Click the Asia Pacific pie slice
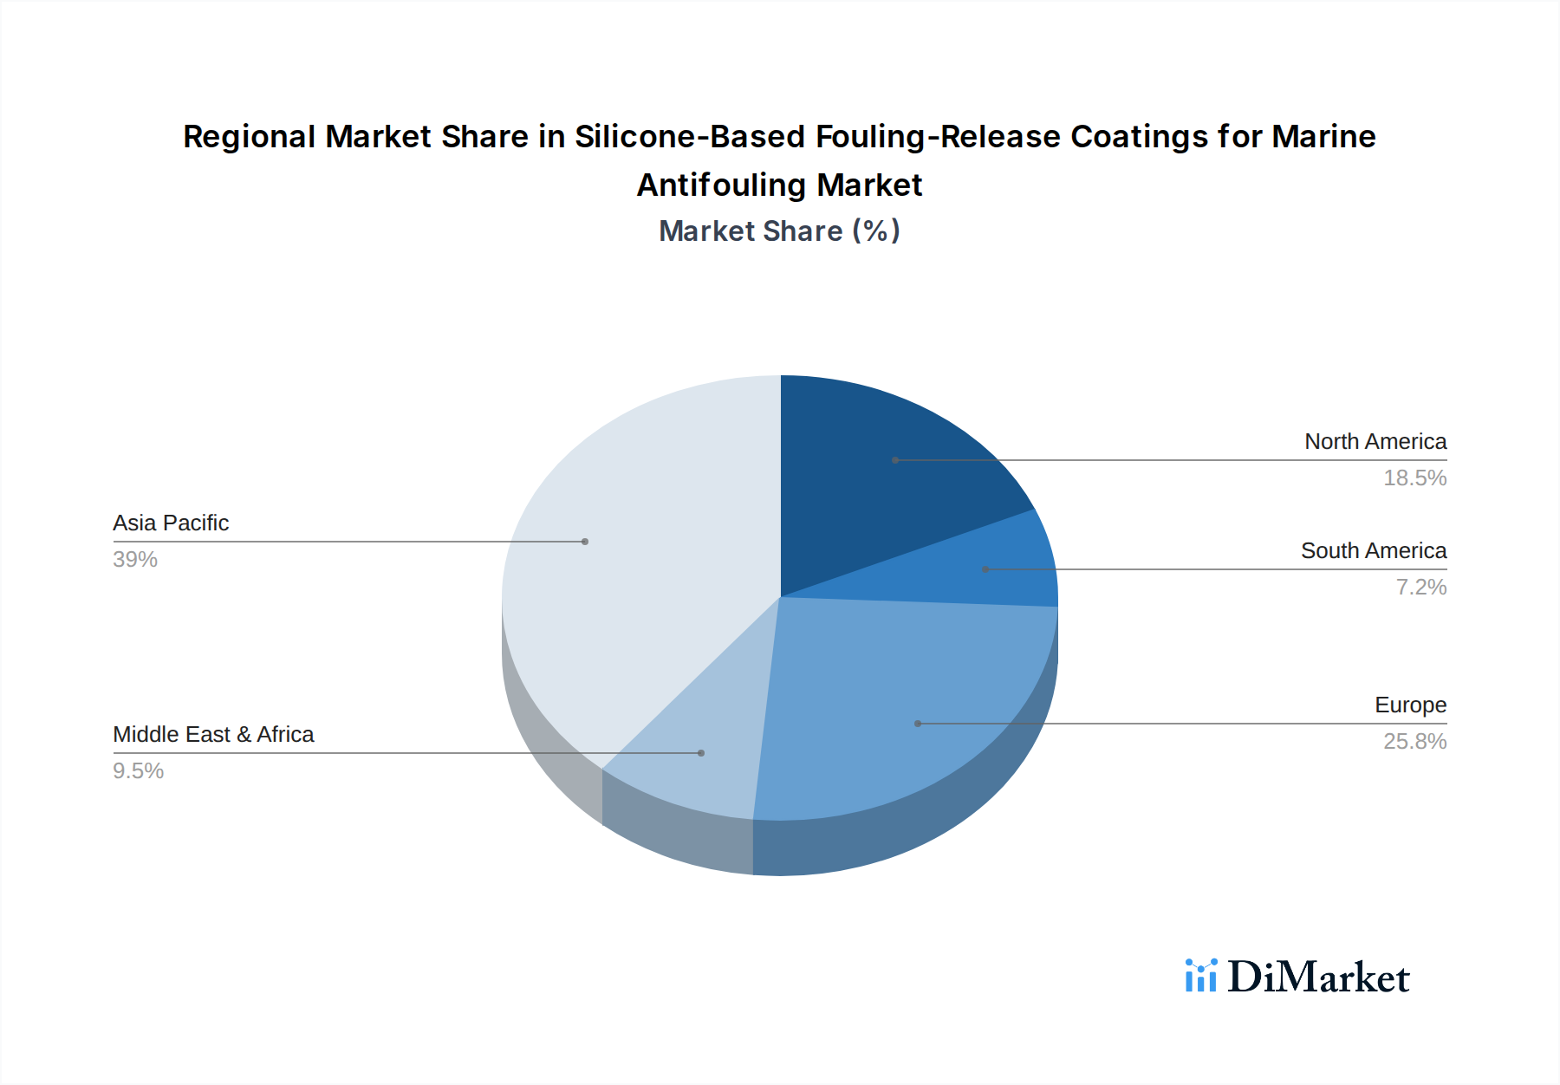pyautogui.click(x=624, y=555)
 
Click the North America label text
pyautogui.click(x=1375, y=441)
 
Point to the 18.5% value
pyautogui.click(x=1414, y=478)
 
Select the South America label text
pyautogui.click(x=1373, y=550)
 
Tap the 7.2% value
pyautogui.click(x=1420, y=587)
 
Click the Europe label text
pyautogui.click(x=1410, y=705)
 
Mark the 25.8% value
pyautogui.click(x=1414, y=741)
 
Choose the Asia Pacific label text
pyautogui.click(x=171, y=523)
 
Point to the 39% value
pyautogui.click(x=135, y=559)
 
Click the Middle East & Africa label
pyautogui.click(x=213, y=734)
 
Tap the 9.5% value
pyautogui.click(x=139, y=770)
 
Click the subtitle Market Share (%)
pyautogui.click(x=779, y=231)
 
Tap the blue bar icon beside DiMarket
pyautogui.click(x=1201, y=976)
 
